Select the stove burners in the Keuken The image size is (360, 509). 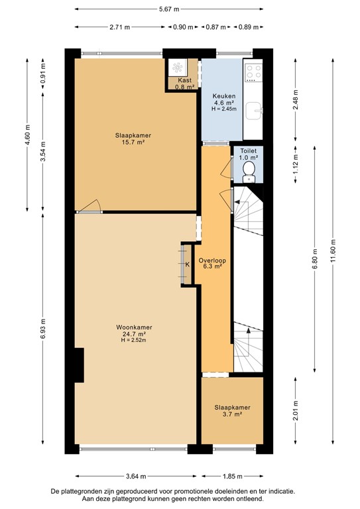(x=253, y=70)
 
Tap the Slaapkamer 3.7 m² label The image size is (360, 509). (x=232, y=410)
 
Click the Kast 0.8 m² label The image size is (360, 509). (x=185, y=83)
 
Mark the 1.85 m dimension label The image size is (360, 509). (x=233, y=476)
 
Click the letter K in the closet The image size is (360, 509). (x=187, y=264)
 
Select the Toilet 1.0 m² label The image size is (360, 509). (x=248, y=154)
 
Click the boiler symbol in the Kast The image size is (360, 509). (x=178, y=67)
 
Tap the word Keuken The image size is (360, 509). (x=223, y=96)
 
